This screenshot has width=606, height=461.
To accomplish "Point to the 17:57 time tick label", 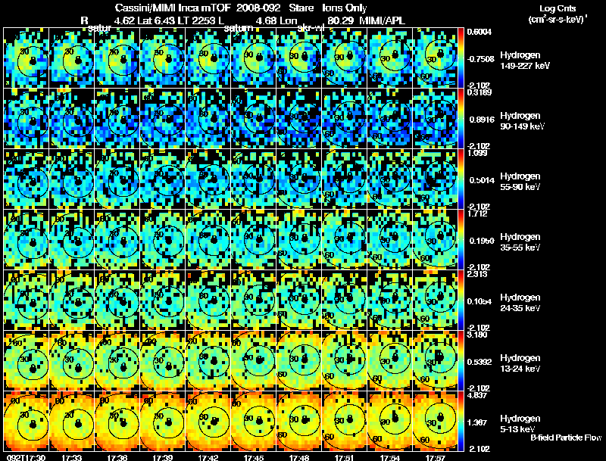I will (436, 456).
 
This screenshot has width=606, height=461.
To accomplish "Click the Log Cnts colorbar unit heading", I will (557, 13).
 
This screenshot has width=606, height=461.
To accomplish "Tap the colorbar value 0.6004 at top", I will (479, 32).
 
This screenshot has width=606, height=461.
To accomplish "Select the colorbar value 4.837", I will (478, 394).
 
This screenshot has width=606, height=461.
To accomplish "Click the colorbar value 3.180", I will (478, 334).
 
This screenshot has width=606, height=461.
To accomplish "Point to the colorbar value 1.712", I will (478, 213).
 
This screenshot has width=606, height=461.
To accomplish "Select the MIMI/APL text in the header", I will (392, 20).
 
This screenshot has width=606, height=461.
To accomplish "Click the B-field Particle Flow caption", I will (565, 438).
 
